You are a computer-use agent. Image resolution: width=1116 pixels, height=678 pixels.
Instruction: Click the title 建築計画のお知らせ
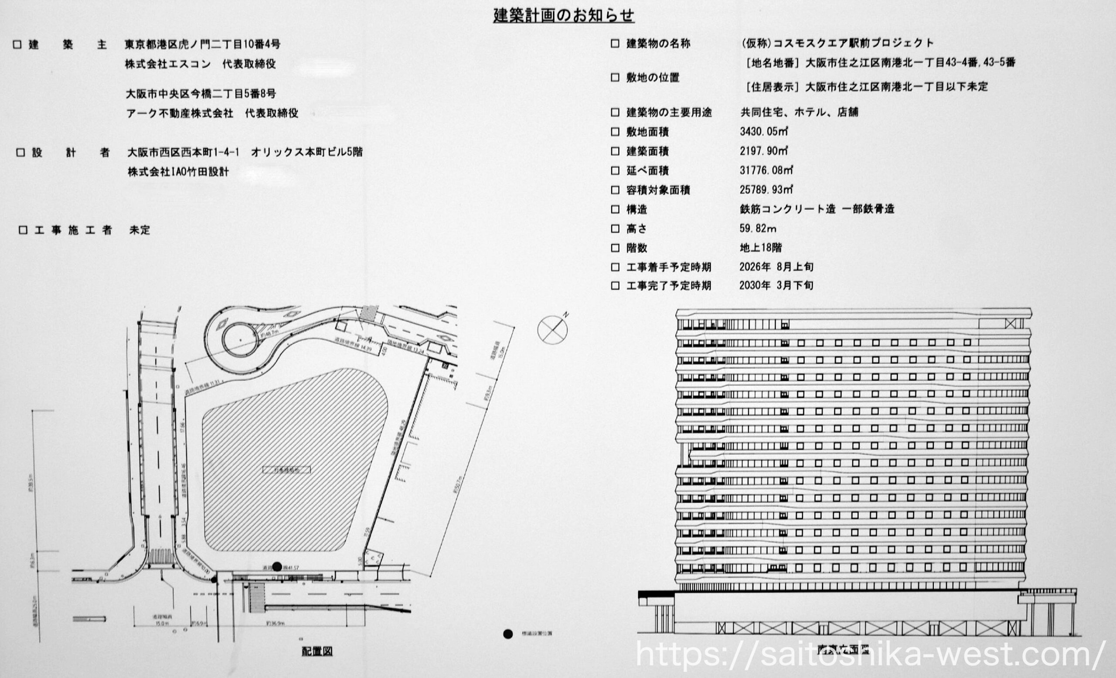(563, 15)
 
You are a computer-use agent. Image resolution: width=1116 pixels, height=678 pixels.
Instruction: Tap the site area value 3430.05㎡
(764, 132)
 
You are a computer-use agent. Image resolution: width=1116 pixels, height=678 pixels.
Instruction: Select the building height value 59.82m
(758, 229)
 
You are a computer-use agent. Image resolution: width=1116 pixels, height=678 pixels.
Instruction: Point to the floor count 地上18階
(760, 248)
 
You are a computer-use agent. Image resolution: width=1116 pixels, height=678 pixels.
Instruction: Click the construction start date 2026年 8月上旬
(776, 267)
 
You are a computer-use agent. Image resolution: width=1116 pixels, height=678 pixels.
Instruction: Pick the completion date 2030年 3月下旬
(776, 285)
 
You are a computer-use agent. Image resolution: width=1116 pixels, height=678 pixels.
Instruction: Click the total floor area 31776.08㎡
(766, 171)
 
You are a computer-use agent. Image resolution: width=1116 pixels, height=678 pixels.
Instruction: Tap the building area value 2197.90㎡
(764, 151)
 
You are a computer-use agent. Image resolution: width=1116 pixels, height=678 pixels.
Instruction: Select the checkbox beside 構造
(615, 209)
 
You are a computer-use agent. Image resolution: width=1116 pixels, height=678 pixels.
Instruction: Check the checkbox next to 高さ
(615, 229)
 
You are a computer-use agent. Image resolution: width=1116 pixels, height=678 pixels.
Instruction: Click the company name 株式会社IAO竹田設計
(178, 172)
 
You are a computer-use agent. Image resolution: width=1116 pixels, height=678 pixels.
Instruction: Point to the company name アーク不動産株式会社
(180, 113)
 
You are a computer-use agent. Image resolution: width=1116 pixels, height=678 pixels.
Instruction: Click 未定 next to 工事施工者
(139, 230)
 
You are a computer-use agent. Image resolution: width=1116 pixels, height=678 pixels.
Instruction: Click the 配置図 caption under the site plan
(317, 651)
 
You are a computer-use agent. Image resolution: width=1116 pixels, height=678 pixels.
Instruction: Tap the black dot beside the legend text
(508, 634)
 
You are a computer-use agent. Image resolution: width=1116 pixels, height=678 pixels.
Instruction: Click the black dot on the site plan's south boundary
(277, 566)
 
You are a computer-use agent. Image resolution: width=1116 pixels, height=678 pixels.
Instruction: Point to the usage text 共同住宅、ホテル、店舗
(799, 112)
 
